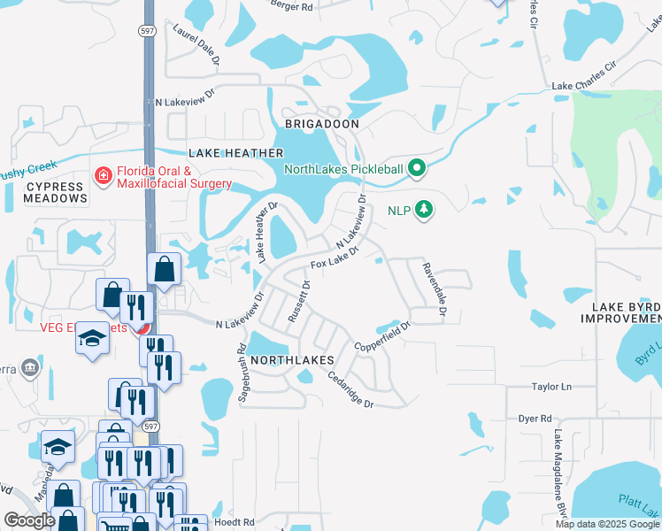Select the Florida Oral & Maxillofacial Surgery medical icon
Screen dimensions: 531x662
[104, 177]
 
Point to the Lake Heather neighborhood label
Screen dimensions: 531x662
[229, 153]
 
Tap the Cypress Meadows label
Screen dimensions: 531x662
[55, 193]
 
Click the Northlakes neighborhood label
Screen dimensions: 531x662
[291, 360]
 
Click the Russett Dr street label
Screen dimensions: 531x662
[305, 302]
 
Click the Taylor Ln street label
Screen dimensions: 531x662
[551, 387]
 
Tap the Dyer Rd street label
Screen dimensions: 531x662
[535, 419]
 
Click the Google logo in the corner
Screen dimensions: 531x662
[29, 520]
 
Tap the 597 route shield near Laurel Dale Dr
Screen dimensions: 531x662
[146, 30]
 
